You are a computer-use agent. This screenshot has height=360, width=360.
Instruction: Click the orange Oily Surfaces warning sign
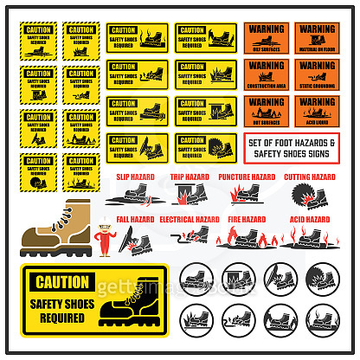click(x=266, y=38)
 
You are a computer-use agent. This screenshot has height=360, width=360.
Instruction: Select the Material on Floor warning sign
click(x=316, y=38)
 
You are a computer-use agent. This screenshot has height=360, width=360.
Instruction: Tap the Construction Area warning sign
click(x=266, y=75)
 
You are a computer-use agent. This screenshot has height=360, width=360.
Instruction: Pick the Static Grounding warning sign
click(x=316, y=75)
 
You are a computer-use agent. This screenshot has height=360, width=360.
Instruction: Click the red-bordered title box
click(x=292, y=149)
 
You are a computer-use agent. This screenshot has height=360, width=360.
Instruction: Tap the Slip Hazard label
click(x=136, y=177)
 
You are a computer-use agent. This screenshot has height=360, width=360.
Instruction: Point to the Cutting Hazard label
click(x=310, y=177)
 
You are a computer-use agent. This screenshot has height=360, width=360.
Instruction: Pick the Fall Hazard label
click(x=136, y=219)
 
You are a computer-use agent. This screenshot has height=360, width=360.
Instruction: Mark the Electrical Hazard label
click(x=193, y=219)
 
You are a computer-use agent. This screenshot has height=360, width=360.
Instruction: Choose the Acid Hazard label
click(x=310, y=219)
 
